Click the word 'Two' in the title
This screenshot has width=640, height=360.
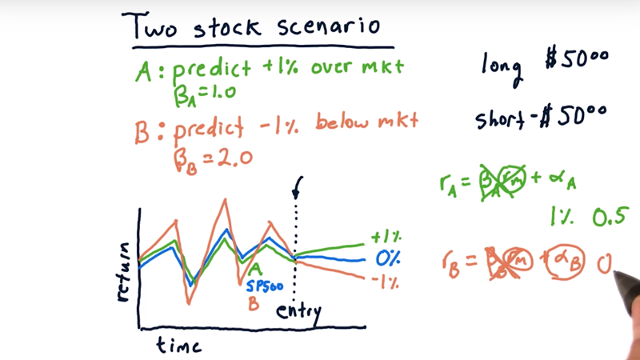(x=150, y=26)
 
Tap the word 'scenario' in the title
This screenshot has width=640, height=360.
(x=329, y=26)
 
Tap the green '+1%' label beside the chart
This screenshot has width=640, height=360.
(x=386, y=237)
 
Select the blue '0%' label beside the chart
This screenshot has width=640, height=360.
(x=388, y=258)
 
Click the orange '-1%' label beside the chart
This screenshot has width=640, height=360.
(x=385, y=282)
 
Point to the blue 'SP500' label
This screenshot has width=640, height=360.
(x=265, y=286)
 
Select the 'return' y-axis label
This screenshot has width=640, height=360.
(x=123, y=272)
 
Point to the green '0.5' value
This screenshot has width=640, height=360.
(x=609, y=216)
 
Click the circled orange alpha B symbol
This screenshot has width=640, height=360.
(x=566, y=262)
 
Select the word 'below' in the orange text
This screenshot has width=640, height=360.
(x=342, y=122)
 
